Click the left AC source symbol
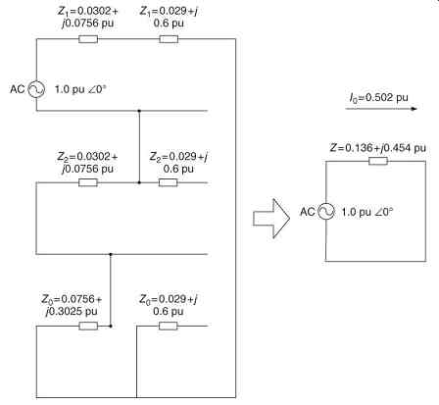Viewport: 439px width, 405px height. pos(36,89)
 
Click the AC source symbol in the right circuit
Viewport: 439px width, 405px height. pos(326,211)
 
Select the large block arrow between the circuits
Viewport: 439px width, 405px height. pos(271,218)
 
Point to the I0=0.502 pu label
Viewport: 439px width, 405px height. pos(379,97)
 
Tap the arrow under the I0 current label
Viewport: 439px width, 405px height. pos(381,109)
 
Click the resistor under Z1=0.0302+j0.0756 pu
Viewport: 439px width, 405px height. pos(88,39)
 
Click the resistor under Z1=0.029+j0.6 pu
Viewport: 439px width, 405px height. pos(169,39)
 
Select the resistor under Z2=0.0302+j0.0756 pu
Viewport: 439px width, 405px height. pos(88,182)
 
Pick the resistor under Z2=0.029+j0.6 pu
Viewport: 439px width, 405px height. pos(169,182)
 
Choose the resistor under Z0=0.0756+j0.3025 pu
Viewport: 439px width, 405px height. pos(88,326)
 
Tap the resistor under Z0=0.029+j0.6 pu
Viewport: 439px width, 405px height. pos(169,326)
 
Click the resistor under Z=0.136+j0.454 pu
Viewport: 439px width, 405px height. pos(378,161)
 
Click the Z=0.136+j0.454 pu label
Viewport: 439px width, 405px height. pos(377,148)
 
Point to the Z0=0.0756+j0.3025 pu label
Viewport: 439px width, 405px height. pos(72,305)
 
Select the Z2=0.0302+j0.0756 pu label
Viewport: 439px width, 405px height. pos(87,163)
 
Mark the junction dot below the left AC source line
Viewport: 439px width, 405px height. pos(139,111)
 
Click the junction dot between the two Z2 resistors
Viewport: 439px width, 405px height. pos(139,182)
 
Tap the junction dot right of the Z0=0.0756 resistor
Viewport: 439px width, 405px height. pos(111,326)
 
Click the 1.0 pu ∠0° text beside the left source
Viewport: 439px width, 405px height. pos(80,89)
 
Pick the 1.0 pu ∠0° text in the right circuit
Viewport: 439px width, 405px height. pos(367,212)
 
